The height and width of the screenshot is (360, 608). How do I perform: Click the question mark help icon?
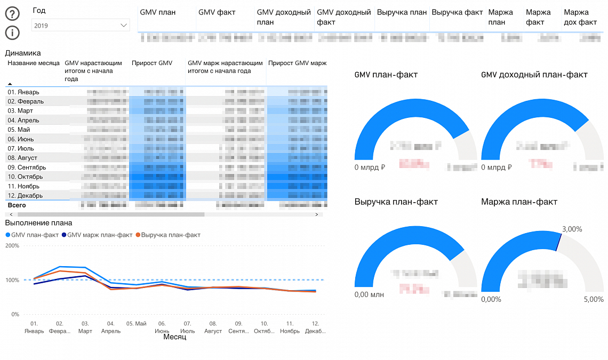[12, 14]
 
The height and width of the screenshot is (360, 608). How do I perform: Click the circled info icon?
[12, 33]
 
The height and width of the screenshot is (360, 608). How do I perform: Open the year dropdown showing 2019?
[81, 25]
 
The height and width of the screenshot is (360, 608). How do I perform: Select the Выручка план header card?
[402, 12]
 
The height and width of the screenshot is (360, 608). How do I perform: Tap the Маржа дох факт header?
[580, 17]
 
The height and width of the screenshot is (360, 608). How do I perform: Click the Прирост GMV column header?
[152, 63]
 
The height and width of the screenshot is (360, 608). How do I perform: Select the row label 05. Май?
[19, 130]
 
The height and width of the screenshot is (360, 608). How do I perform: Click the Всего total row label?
[16, 205]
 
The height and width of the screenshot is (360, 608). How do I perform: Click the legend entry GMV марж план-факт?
[97, 235]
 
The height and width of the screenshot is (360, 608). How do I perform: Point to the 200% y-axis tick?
[12, 246]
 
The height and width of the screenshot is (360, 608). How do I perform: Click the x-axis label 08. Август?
[213, 327]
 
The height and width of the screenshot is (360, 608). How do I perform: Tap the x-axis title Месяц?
[174, 337]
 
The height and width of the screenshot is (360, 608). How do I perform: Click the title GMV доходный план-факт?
[534, 75]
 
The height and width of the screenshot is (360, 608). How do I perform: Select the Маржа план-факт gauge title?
[519, 202]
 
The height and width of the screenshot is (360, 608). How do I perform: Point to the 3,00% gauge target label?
[572, 229]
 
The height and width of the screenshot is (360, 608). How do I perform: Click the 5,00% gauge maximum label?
[594, 299]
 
